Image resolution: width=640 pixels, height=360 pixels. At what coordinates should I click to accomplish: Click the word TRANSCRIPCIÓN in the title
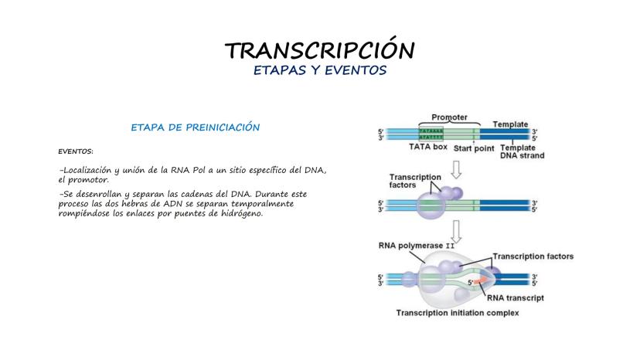[x=319, y=50]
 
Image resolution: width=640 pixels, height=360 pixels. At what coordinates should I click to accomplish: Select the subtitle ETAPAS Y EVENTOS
[x=319, y=70]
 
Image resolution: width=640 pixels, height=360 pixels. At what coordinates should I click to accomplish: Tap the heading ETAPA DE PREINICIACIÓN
[x=195, y=127]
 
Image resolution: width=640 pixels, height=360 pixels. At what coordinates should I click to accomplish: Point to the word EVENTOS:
[x=75, y=151]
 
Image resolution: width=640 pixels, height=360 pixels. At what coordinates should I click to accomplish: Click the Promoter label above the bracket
[x=448, y=117]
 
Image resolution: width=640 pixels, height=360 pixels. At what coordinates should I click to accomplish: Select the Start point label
[x=473, y=147]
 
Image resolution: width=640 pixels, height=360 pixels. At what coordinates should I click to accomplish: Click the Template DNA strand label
[x=523, y=151]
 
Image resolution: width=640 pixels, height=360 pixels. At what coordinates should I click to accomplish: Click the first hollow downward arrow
[x=457, y=167]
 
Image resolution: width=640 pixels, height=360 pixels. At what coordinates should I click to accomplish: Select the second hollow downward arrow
[x=457, y=228]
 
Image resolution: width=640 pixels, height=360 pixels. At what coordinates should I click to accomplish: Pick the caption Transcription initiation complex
[x=458, y=313]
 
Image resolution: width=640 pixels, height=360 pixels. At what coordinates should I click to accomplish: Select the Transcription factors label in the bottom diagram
[x=533, y=256]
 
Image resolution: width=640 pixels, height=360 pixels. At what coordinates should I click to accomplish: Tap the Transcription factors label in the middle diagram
[x=415, y=181]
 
